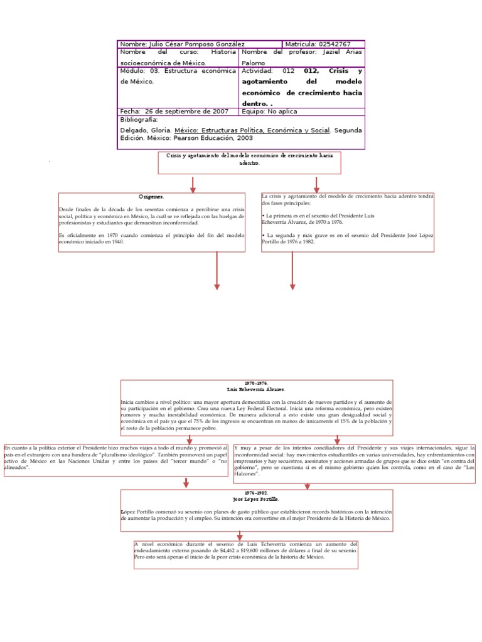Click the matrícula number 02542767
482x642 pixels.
point(330,45)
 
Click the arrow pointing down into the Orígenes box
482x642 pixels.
point(193,184)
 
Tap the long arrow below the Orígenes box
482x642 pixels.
point(217,271)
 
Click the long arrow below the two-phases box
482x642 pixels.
point(292,271)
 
